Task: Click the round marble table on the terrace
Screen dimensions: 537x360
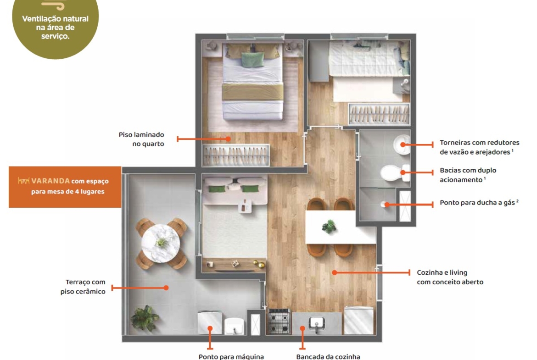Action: point(161,244)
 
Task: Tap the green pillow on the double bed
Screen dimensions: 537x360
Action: point(253,60)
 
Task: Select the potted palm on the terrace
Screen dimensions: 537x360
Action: point(145,318)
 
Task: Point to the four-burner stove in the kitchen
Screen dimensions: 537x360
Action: point(279,321)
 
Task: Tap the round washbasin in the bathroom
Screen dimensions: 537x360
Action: point(402,145)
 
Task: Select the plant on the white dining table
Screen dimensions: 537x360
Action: point(329,226)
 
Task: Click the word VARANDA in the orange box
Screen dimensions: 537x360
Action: point(50,181)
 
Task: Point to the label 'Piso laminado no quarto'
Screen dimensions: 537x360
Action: point(141,139)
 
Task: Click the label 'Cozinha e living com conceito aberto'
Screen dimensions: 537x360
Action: point(450,277)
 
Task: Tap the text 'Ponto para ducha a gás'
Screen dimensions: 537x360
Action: point(479,203)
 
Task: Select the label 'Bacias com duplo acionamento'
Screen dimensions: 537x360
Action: point(468,175)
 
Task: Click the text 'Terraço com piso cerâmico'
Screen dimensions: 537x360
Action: point(83,287)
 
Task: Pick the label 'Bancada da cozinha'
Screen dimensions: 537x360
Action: point(328,357)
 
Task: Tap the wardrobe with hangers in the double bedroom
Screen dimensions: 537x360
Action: point(236,155)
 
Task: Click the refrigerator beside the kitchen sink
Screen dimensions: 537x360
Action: point(358,320)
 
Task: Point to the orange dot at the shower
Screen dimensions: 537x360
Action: point(386,205)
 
